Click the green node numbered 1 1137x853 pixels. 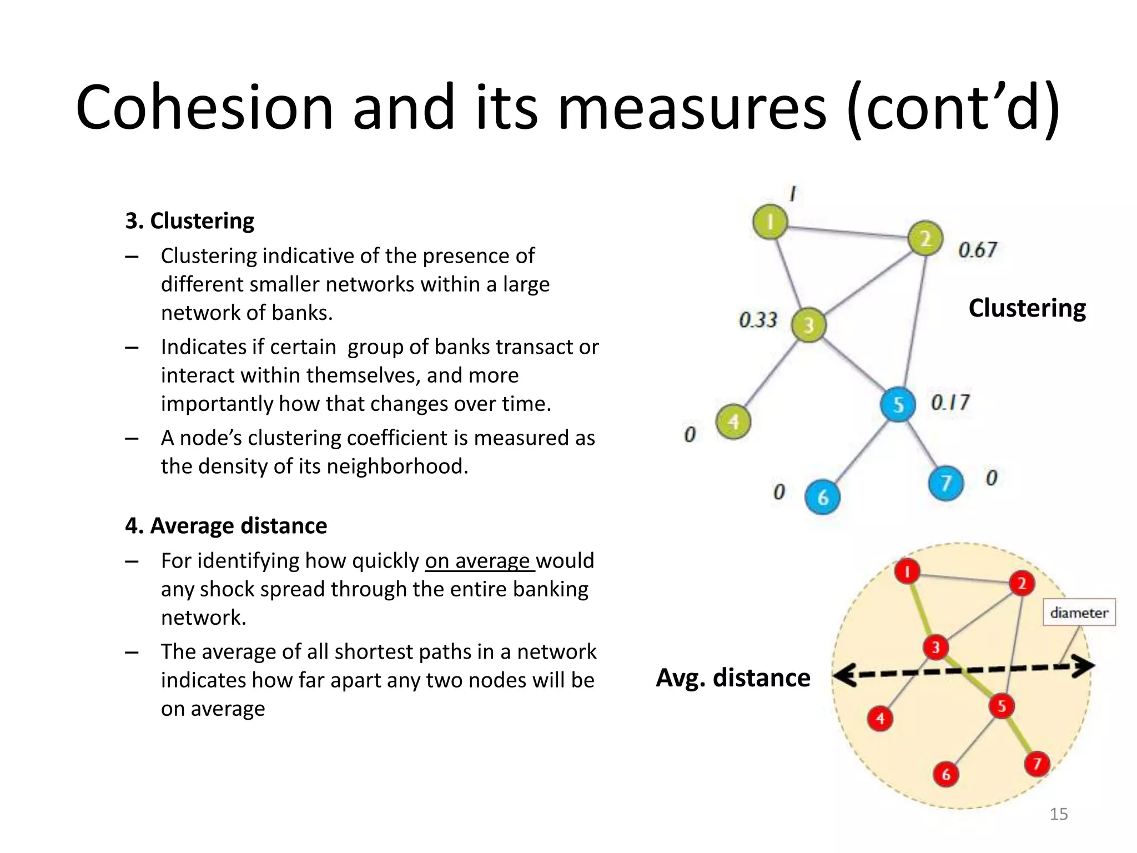[x=770, y=222]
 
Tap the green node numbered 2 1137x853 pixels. [x=925, y=239]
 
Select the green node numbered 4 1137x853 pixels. [x=733, y=422]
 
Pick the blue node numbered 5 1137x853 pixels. [x=898, y=404]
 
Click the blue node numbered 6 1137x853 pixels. [x=822, y=497]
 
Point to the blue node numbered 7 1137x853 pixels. [x=945, y=483]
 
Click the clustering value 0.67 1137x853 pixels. [x=978, y=250]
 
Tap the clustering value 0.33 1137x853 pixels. [x=758, y=320]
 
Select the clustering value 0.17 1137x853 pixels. [x=950, y=402]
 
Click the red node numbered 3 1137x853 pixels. [x=935, y=647]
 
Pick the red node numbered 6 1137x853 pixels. [x=946, y=774]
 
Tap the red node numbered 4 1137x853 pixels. [x=880, y=719]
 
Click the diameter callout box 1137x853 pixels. [x=1079, y=613]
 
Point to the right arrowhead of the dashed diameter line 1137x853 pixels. [x=1085, y=666]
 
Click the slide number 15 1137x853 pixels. [x=1059, y=814]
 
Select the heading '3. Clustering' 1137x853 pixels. [x=189, y=221]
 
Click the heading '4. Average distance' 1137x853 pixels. [x=226, y=526]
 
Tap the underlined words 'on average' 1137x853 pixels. [x=477, y=561]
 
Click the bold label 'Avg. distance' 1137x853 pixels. [x=733, y=678]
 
